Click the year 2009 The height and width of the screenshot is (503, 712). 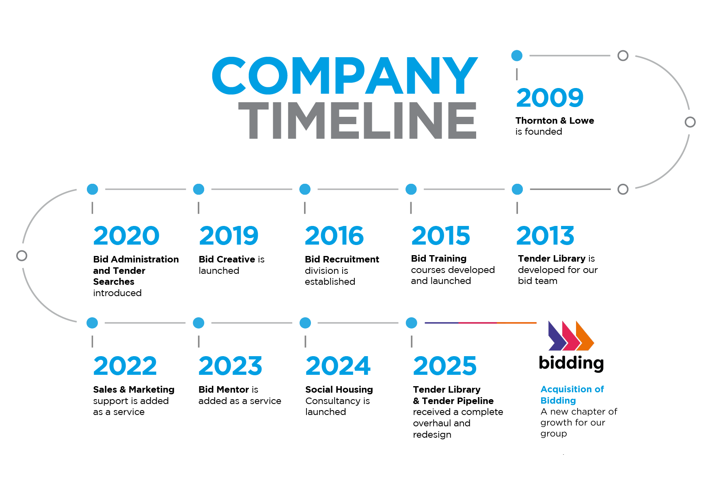(x=550, y=98)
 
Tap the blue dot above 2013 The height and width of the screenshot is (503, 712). (x=517, y=189)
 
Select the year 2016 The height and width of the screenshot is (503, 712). (x=334, y=236)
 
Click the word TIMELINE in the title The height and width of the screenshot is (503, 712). (x=357, y=120)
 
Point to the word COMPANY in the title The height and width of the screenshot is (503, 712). (x=345, y=76)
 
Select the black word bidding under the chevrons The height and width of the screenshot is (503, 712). (x=571, y=363)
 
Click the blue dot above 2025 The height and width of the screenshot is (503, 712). (x=411, y=323)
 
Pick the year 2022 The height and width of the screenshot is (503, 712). (x=125, y=366)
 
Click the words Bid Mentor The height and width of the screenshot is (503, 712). (x=224, y=389)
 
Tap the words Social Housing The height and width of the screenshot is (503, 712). (x=339, y=389)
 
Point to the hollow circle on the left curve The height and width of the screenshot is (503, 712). (x=22, y=256)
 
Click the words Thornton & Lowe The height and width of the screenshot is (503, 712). (x=555, y=120)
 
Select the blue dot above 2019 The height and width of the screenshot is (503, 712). (x=198, y=189)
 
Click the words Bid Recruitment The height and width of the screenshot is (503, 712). (x=342, y=259)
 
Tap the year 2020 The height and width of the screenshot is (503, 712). (x=126, y=236)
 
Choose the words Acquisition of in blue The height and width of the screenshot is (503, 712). (x=572, y=389)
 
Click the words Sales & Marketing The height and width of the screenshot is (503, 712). (x=134, y=389)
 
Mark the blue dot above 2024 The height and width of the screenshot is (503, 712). (x=305, y=323)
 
